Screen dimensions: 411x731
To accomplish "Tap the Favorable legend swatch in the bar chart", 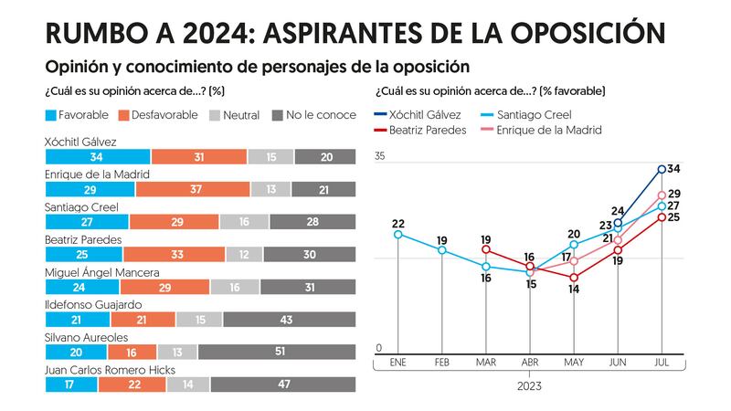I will click(x=50, y=115).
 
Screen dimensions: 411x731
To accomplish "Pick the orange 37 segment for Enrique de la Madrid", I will click(x=192, y=189).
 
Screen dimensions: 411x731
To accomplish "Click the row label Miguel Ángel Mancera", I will click(x=102, y=272).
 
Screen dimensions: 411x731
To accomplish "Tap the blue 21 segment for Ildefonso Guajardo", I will click(x=77, y=320).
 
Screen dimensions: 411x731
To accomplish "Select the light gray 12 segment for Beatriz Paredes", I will click(x=244, y=255).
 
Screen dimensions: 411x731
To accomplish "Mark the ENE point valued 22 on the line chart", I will click(x=398, y=235).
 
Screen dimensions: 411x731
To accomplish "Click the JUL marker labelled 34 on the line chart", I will click(x=662, y=169).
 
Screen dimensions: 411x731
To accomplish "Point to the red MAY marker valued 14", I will click(x=574, y=278).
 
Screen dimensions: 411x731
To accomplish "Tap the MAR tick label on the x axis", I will click(x=485, y=363).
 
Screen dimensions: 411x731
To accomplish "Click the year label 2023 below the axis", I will click(x=529, y=386).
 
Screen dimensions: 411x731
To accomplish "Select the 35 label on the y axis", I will click(x=380, y=156).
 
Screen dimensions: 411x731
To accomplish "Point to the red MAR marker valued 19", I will click(x=486, y=248).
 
